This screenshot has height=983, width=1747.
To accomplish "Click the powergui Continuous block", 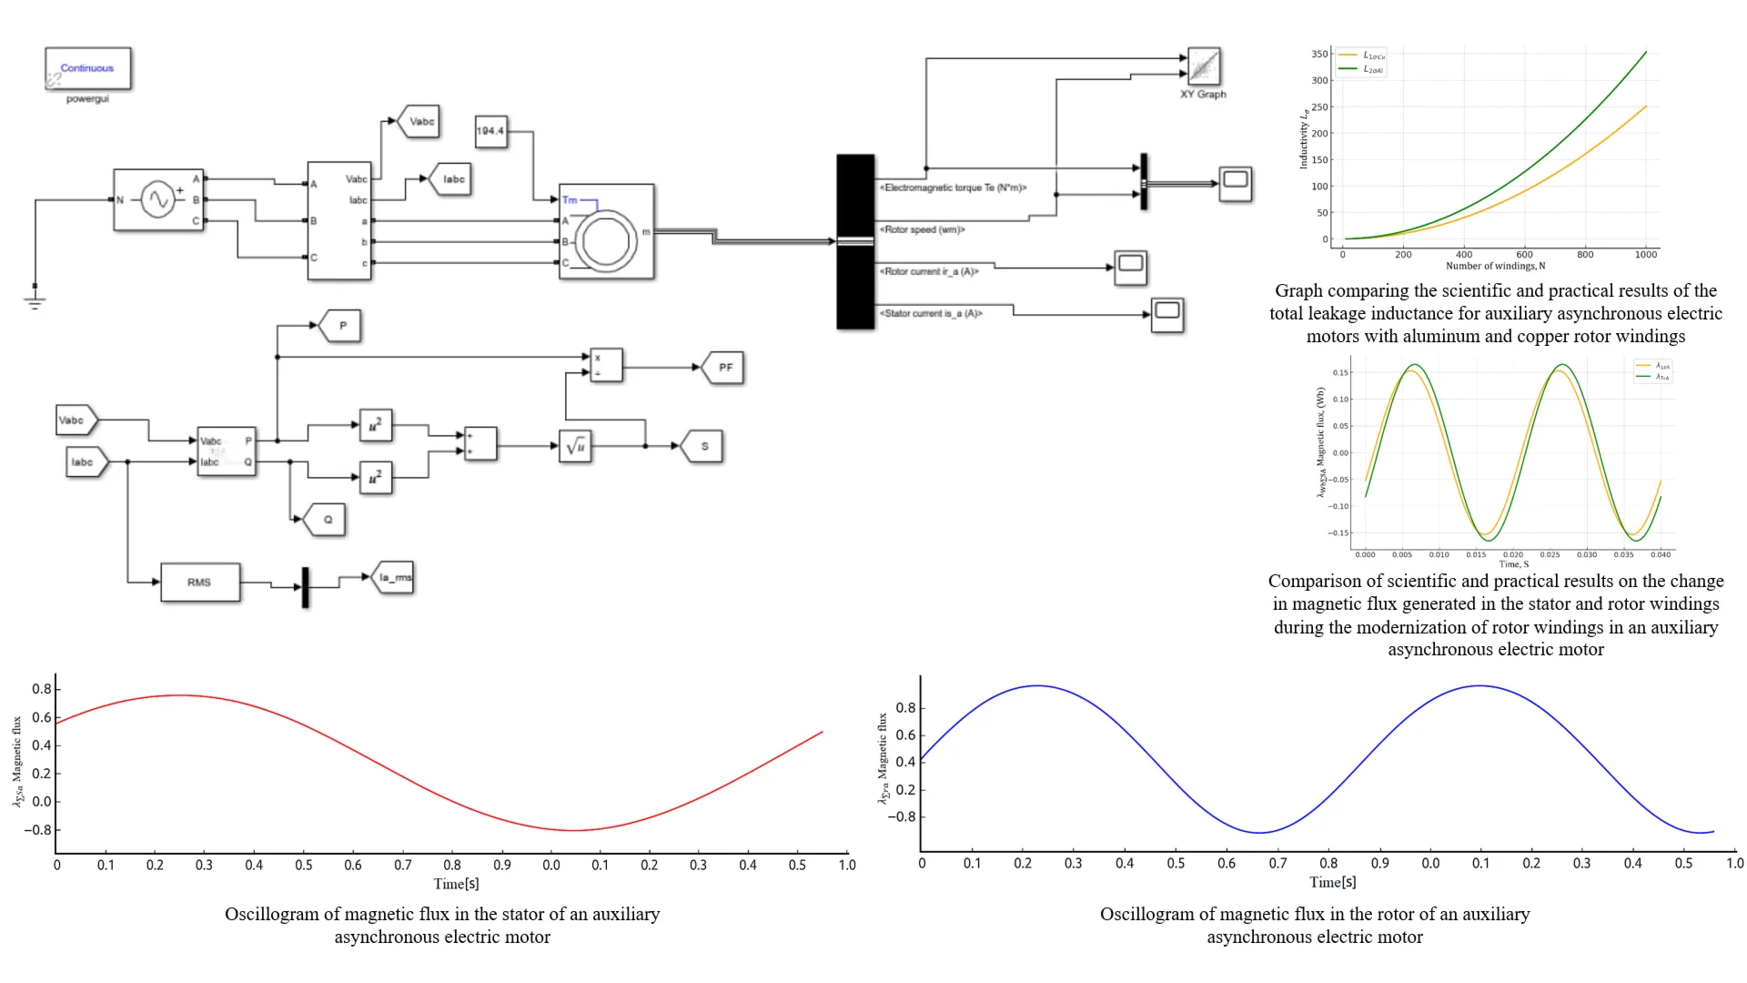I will [87, 68].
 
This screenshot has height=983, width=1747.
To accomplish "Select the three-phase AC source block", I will [157, 199].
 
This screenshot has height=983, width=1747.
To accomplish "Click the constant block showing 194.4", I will [490, 131].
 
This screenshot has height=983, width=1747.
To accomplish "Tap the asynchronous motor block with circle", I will [606, 231].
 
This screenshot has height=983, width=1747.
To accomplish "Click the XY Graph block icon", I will [1204, 66].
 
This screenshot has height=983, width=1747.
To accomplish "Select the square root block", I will [575, 446].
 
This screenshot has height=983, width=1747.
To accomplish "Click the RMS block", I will [200, 583].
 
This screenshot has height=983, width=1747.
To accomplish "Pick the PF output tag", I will [724, 368].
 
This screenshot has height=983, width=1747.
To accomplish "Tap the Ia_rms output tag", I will [394, 577].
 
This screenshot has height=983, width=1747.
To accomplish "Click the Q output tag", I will [326, 520].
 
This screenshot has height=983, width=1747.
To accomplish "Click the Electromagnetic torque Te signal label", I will [953, 187].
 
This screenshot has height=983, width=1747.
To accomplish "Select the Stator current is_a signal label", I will [931, 313].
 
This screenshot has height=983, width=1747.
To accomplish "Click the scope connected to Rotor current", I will [1130, 268].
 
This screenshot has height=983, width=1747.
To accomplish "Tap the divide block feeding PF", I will [606, 365].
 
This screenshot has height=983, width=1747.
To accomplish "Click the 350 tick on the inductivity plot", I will [1319, 54].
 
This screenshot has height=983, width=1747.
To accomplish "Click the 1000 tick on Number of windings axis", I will [1645, 255].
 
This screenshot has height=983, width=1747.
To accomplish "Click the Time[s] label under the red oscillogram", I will [456, 884].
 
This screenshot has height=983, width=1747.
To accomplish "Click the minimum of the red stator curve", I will [573, 830].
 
